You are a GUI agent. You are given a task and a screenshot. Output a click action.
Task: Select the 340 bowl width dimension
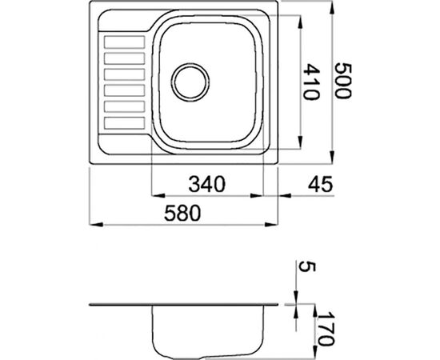pos(207,185)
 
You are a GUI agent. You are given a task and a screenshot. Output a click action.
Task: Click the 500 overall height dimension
pos(343,81)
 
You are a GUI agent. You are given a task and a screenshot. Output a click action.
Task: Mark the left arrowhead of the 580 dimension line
pos(90,222)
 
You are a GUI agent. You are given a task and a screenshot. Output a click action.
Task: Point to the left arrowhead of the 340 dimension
pos(156,194)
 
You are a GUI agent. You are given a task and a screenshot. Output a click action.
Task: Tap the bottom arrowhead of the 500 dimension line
pos(330,162)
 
